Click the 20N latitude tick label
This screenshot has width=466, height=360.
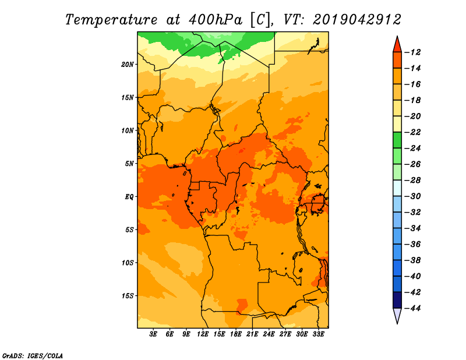pos(127,65)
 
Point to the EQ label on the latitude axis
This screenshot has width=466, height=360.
pos(129,197)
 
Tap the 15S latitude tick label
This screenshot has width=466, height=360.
pos(128,296)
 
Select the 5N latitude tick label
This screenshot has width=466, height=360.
pos(129,164)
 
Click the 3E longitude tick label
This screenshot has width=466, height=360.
pos(153,334)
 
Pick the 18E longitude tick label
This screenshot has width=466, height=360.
pos(236,334)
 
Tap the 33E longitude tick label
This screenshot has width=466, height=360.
pos(318,334)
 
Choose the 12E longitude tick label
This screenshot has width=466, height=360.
pos(203,334)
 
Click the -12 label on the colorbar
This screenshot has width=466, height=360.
pos(413,52)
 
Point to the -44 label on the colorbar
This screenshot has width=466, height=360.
pos(413,308)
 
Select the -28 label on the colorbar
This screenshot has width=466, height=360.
pos(413,181)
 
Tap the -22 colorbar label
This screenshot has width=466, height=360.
pos(413,132)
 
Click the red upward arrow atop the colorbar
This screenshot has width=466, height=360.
pos(397,45)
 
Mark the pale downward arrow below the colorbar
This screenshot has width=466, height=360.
pos(397,315)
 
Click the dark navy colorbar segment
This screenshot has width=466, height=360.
pos(397,300)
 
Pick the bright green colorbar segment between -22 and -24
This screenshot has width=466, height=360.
pos(397,140)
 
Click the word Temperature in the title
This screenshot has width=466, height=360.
pos(111,20)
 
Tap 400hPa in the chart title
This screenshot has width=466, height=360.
pos(216,20)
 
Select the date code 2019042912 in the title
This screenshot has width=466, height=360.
pos(357,20)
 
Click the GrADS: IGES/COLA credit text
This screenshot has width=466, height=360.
pos(33,356)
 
